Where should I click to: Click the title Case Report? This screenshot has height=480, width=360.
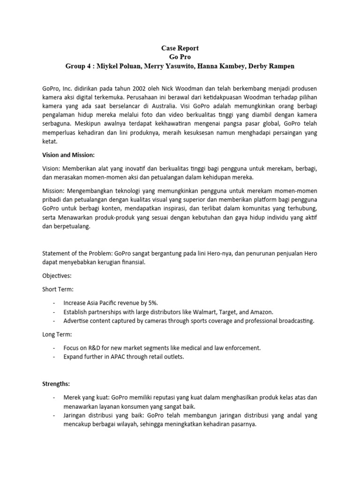pos(180,48)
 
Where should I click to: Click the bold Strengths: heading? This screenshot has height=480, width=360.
pos(58,383)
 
